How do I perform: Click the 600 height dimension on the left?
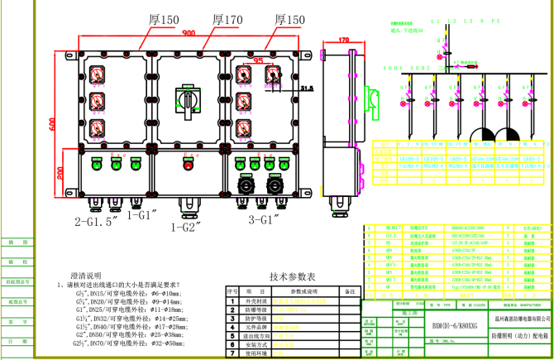click(51, 124)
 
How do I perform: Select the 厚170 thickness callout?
click(227, 18)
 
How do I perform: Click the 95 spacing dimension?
click(258, 60)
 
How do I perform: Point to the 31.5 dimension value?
click(308, 87)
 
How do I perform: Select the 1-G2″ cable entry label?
click(189, 225)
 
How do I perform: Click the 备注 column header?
click(349, 291)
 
